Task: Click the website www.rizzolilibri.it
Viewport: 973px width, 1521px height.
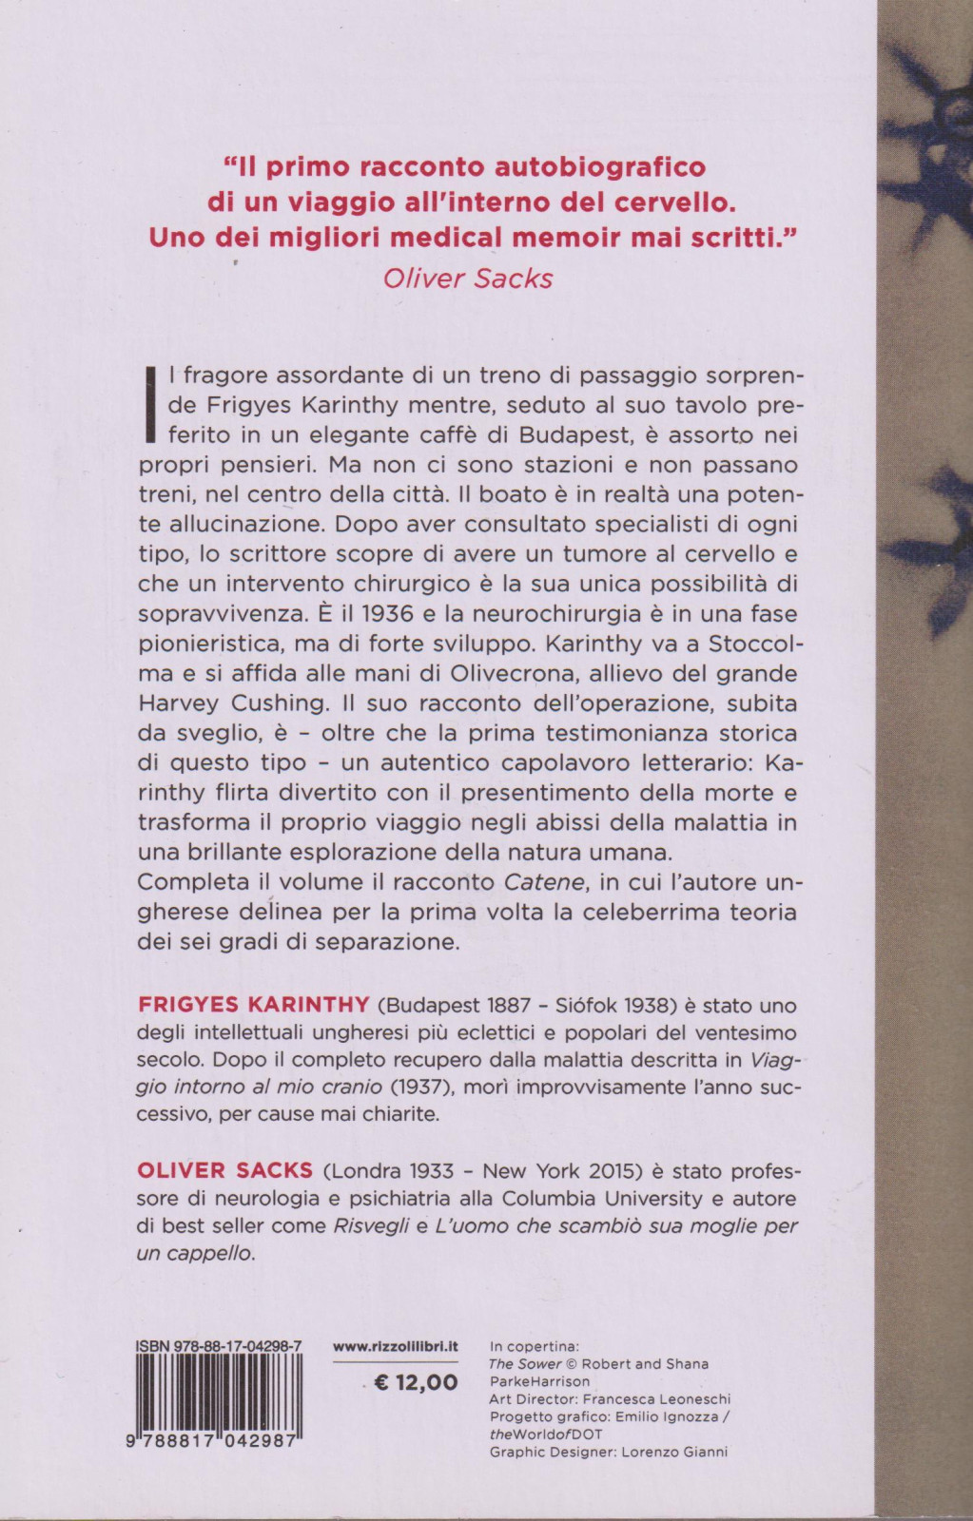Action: coord(396,1346)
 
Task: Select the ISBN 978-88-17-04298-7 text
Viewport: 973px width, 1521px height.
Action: coord(219,1346)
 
